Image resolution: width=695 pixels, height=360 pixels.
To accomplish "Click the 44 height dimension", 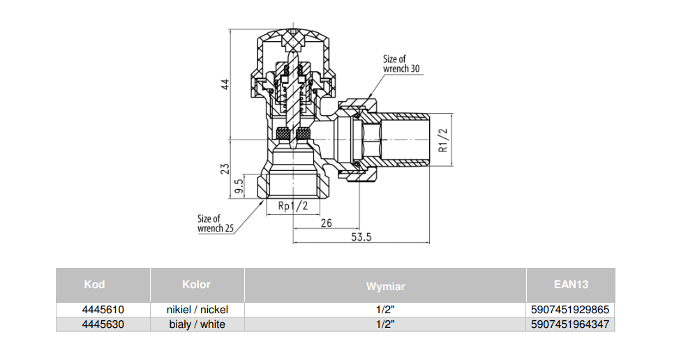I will tap(225, 84).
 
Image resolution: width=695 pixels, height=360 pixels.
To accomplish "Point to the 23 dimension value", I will tap(225, 170).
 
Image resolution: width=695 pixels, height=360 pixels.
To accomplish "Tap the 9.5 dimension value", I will tap(239, 186).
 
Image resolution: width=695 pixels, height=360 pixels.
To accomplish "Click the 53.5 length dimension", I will tap(361, 237).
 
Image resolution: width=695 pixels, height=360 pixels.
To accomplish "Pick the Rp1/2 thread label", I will tap(292, 207).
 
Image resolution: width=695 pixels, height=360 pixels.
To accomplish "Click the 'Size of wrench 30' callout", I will tap(401, 64).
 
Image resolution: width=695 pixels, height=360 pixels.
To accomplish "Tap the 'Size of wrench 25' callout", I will tap(215, 223).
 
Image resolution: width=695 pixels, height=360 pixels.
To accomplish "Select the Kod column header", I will tap(94, 284).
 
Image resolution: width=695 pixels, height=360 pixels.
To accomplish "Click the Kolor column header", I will tap(196, 284).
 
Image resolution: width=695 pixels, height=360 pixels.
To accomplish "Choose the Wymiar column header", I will tap(385, 286).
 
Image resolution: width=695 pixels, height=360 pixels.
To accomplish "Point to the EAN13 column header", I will tap(571, 284).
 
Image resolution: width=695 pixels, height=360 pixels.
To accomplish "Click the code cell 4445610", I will tap(103, 309).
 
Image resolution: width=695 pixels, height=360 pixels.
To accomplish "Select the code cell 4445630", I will tap(103, 324).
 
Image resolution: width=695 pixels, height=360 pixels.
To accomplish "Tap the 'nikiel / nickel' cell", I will tap(197, 309).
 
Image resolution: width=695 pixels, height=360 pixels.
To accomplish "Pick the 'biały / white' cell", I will tap(197, 324).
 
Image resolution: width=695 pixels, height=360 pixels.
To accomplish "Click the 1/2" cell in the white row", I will tap(385, 324).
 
